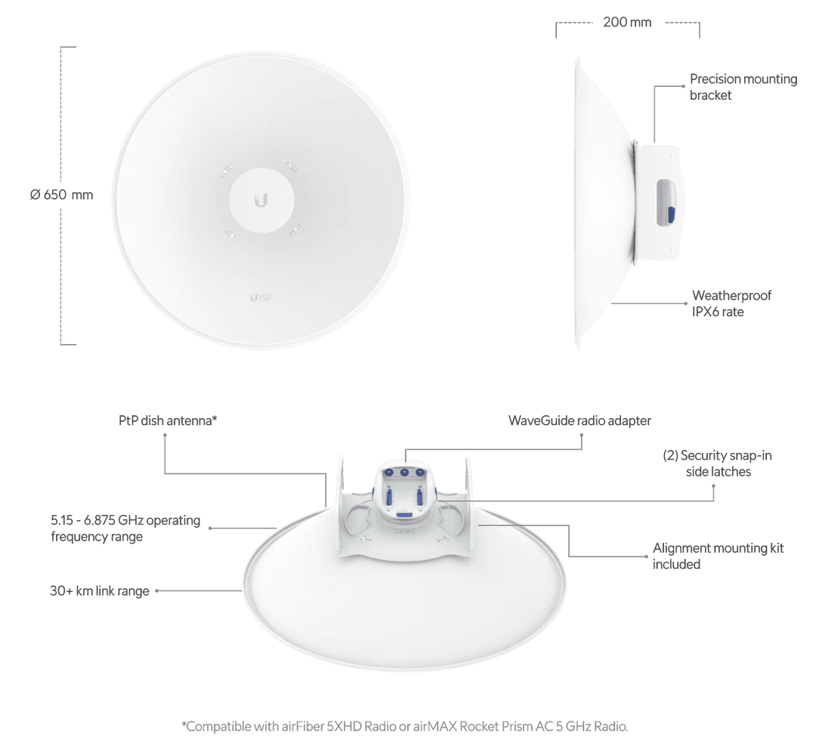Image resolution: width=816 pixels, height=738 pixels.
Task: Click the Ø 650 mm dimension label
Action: (x=62, y=195)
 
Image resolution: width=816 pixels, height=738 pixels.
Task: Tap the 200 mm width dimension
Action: (x=627, y=23)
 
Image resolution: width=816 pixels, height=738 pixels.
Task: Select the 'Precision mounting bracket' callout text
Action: (x=743, y=87)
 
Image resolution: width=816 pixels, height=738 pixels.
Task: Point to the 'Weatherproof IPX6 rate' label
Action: (x=731, y=303)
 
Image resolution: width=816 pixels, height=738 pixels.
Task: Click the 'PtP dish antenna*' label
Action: (x=168, y=420)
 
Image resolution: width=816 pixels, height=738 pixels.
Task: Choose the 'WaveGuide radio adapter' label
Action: (x=580, y=420)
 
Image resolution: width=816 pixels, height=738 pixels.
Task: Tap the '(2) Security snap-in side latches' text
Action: (x=716, y=463)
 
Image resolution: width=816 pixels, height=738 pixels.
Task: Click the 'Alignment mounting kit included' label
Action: (x=718, y=556)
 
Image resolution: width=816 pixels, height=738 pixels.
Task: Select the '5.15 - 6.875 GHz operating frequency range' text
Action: (x=125, y=529)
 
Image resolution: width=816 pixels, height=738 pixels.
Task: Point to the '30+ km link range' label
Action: (x=100, y=591)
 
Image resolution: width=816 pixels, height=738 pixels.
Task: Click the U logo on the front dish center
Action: (x=261, y=200)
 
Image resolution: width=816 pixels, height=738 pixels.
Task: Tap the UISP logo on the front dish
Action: (x=260, y=297)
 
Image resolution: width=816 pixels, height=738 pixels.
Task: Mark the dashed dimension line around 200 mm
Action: (x=699, y=29)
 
